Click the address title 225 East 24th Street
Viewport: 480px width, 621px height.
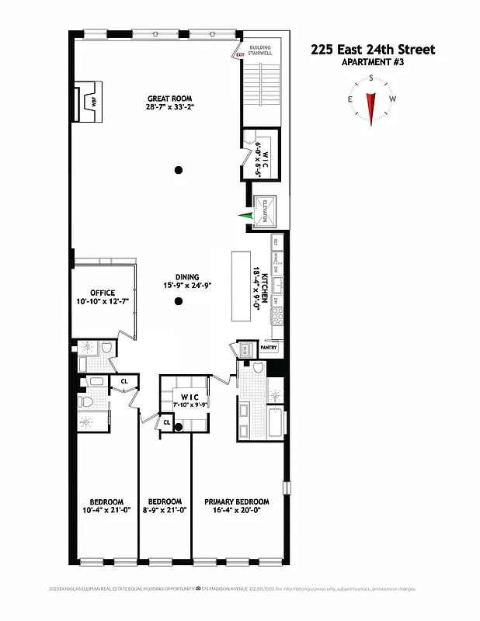[x=373, y=50]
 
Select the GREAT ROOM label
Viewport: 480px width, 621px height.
[x=170, y=99]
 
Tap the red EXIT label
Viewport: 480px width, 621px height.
[x=239, y=54]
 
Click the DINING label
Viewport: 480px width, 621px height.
[x=186, y=277]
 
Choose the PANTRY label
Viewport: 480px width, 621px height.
[x=269, y=348]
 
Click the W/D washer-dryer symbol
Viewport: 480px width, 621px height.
[x=246, y=349]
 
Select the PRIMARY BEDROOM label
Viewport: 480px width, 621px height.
[x=237, y=501]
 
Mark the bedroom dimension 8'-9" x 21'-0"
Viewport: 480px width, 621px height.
[x=165, y=511]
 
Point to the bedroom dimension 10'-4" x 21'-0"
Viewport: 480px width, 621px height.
[x=106, y=511]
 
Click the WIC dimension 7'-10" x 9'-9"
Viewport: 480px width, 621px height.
[x=185, y=404]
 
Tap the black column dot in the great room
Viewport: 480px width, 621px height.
[x=179, y=170]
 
